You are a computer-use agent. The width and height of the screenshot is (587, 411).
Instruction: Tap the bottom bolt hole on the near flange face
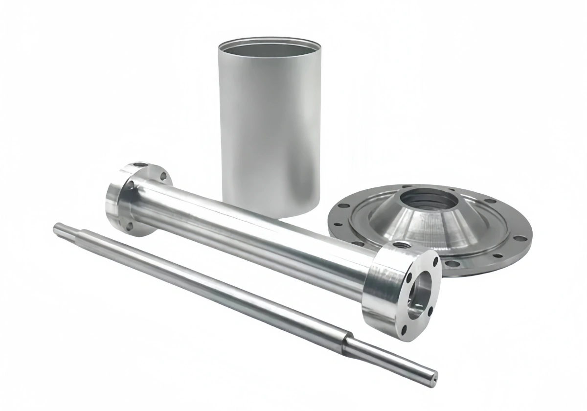[404, 332]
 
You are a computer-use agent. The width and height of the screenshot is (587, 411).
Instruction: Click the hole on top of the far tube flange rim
[140, 165]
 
